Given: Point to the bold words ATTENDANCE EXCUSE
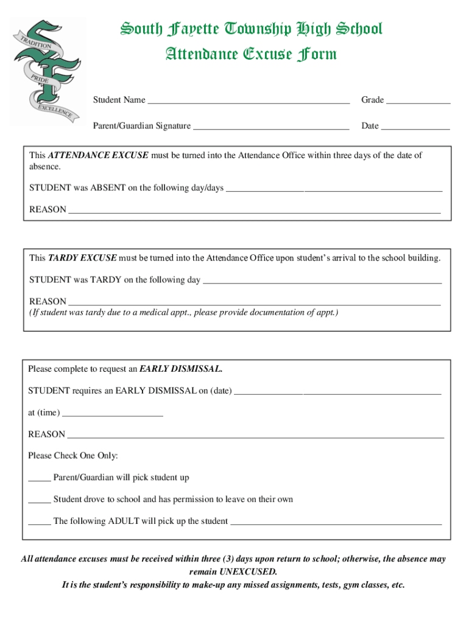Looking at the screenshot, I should (x=98, y=156).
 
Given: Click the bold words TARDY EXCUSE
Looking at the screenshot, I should (x=82, y=258).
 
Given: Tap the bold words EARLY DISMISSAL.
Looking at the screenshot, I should (x=181, y=369).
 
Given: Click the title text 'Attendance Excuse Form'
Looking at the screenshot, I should (x=252, y=55).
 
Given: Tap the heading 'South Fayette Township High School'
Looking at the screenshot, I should (x=251, y=29).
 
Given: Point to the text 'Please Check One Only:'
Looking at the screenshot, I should (x=73, y=456).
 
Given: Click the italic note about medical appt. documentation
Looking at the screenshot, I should (x=183, y=313).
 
